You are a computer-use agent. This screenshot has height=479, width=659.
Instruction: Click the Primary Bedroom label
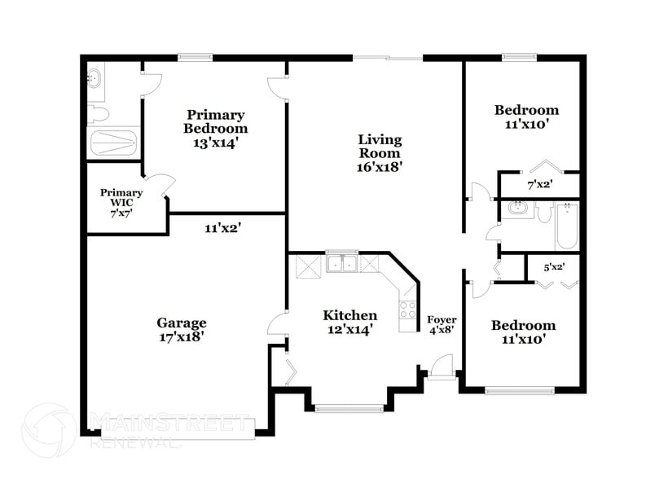coord(215,121)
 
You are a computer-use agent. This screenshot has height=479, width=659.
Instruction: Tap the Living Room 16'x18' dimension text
coord(380,167)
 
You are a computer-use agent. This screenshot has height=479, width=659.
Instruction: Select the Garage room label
coord(181,323)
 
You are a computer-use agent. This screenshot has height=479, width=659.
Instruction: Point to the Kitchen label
coord(349,315)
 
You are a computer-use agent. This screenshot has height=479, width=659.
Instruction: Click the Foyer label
coord(442,319)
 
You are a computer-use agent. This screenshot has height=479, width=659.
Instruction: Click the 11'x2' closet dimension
coord(222,228)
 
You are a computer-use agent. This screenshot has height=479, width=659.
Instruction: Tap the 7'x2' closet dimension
coord(539,185)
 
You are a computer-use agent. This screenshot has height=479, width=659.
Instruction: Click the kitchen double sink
coord(342,263)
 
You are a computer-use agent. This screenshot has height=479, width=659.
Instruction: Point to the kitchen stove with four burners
coord(407,310)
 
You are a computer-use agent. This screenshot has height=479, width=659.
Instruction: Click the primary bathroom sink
coord(94,79)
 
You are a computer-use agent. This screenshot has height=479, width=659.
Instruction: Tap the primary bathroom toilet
coord(95,113)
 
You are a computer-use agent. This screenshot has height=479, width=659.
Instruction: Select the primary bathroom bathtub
coord(113,143)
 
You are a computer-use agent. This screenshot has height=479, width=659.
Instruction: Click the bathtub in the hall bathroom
coord(567,226)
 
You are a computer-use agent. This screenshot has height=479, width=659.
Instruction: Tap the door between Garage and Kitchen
coord(278,323)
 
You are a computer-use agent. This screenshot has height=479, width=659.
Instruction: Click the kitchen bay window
coord(349,407)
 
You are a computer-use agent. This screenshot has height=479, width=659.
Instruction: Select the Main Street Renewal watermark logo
coord(49,429)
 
